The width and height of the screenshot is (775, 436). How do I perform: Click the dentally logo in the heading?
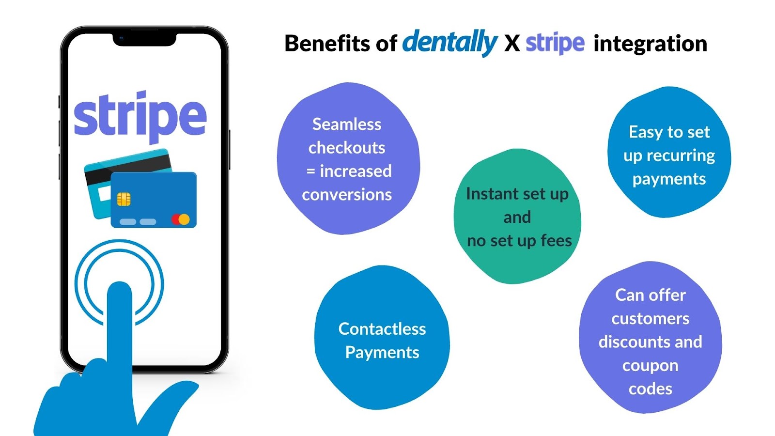click(x=450, y=43)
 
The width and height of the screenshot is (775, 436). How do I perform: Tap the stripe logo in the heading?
click(x=555, y=44)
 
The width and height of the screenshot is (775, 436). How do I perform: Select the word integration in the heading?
click(x=650, y=44)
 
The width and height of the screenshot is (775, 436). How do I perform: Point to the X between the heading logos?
click(x=511, y=44)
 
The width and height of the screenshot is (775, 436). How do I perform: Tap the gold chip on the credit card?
click(x=124, y=199)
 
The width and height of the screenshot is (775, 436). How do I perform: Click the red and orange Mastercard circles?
click(x=181, y=219)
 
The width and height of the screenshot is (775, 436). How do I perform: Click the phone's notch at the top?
click(x=144, y=39)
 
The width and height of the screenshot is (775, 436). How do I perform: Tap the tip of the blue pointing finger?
click(x=119, y=285)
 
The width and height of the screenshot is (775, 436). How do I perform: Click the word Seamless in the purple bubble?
click(x=347, y=124)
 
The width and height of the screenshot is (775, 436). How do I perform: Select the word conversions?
click(x=347, y=195)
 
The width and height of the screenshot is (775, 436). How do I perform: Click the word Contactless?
click(x=382, y=329)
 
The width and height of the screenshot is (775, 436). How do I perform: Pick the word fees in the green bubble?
click(x=557, y=240)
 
